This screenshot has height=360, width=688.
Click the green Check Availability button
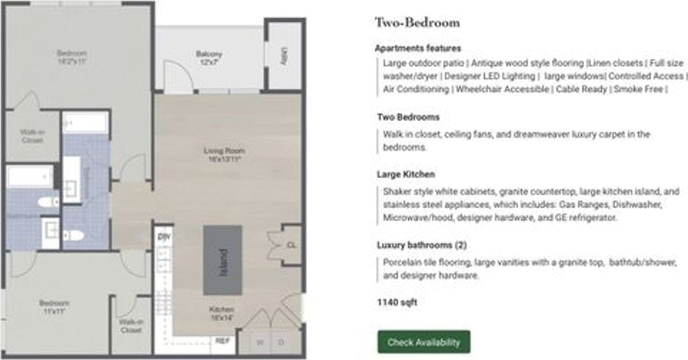[423, 342]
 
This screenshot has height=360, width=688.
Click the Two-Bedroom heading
[417, 23]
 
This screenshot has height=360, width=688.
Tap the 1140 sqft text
[397, 302]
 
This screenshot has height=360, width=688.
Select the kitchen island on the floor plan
[223, 260]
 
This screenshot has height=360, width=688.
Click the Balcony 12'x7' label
[209, 58]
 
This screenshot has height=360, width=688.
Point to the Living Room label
[224, 155]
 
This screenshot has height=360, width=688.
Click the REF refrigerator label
[222, 341]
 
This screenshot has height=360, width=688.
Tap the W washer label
[260, 343]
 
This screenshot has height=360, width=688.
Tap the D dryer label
[281, 343]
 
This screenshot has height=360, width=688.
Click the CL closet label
[291, 245]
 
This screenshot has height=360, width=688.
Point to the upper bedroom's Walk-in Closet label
[32, 135]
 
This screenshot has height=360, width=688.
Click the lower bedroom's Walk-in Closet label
[131, 326]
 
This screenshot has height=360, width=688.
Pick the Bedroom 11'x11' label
[54, 307]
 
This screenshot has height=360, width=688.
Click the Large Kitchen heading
[406, 174]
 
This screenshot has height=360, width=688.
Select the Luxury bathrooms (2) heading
[422, 245]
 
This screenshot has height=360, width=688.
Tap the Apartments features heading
[418, 49]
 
